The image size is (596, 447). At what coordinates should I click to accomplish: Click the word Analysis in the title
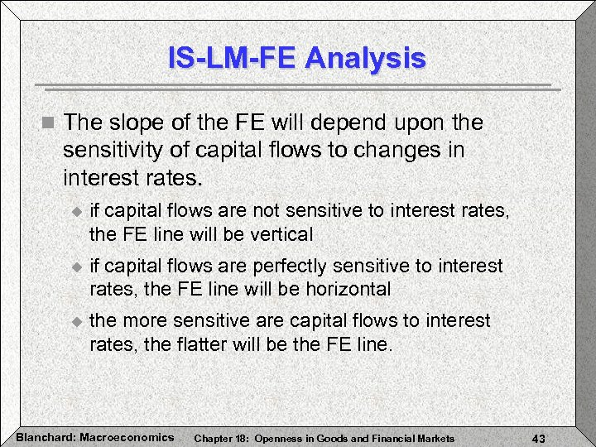point(365,59)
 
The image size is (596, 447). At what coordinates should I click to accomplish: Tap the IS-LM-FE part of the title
point(232,59)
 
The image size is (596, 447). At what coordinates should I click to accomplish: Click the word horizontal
point(344,289)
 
